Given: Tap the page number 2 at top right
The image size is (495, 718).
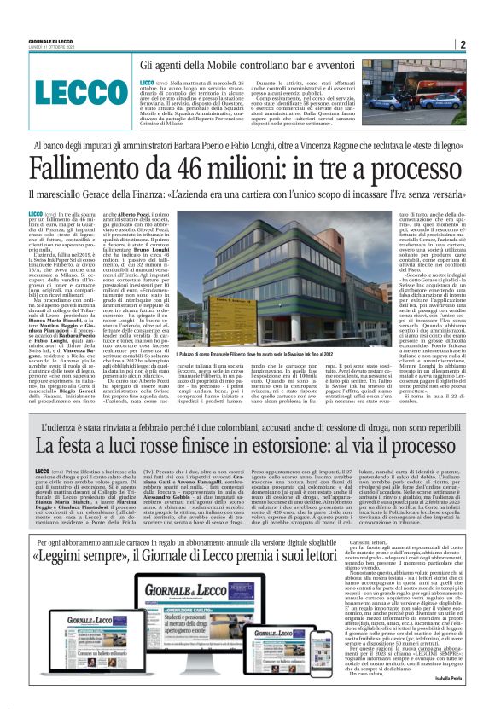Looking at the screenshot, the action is point(462,45).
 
